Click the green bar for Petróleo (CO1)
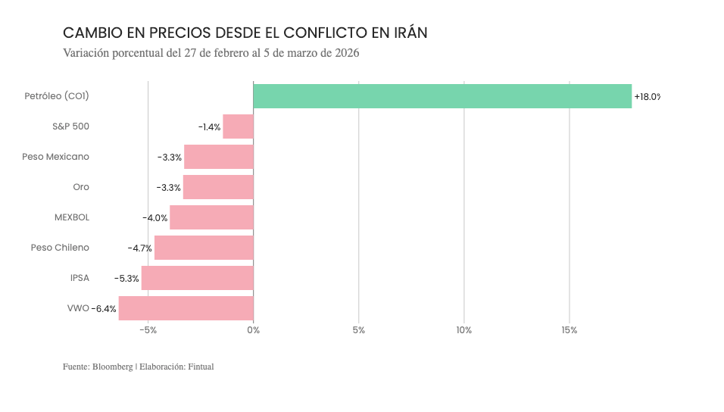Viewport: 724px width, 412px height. click(x=442, y=96)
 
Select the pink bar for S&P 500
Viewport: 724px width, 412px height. click(x=238, y=126)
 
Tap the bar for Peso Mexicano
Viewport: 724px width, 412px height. click(x=219, y=157)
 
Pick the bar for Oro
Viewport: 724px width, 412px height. click(x=218, y=187)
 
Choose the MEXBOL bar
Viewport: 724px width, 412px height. click(x=211, y=217)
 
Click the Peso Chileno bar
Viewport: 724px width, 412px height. click(x=204, y=248)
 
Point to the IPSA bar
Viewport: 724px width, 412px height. click(x=197, y=278)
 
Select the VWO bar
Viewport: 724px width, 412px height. click(x=186, y=308)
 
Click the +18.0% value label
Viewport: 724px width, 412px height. click(x=647, y=97)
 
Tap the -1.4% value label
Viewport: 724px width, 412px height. click(x=209, y=127)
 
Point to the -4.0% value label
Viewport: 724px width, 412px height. click(x=154, y=218)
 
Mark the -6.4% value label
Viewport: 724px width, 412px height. click(x=105, y=309)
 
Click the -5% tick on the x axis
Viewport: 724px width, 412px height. click(x=148, y=330)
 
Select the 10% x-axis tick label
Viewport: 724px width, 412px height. click(x=464, y=330)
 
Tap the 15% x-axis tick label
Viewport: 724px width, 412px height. click(x=570, y=330)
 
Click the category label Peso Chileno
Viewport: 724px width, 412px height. click(x=60, y=248)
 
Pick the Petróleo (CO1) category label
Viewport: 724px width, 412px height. click(x=57, y=96)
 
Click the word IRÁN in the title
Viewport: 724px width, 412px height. click(x=410, y=33)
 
